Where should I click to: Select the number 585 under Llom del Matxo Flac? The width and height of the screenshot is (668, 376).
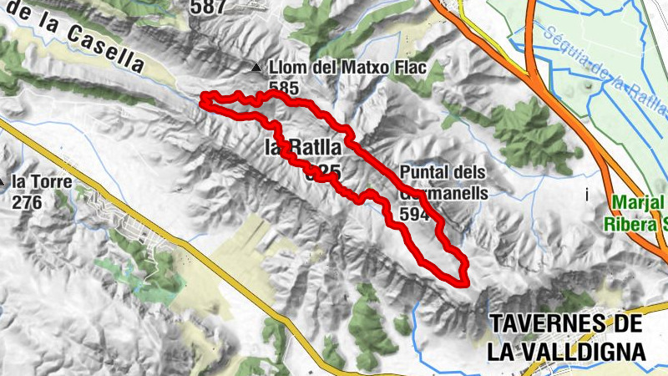pyautogui.click(x=284, y=86)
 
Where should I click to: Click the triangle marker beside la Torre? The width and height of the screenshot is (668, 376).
pyautogui.click(x=3, y=180)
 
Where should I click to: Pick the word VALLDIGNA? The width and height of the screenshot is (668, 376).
pyautogui.click(x=583, y=350)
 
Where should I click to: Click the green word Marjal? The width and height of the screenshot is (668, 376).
pyautogui.click(x=637, y=203)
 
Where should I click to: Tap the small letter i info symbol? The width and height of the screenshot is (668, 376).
pyautogui.click(x=588, y=195)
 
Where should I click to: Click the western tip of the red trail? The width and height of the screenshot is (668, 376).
pyautogui.click(x=204, y=101)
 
